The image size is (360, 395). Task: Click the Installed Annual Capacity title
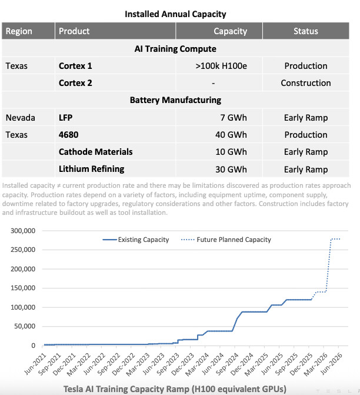click(x=175, y=14)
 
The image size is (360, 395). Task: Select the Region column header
click(x=19, y=31)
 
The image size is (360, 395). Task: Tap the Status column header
click(x=305, y=31)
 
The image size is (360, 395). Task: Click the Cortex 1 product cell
click(x=75, y=66)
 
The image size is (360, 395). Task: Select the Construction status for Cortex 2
click(x=305, y=83)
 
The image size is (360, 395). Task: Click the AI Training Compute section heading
click(x=175, y=49)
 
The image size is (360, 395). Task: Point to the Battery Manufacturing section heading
click(x=175, y=100)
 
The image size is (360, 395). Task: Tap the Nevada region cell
click(x=21, y=118)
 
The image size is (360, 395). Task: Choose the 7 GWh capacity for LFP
click(x=234, y=118)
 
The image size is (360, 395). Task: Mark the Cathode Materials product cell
click(x=96, y=152)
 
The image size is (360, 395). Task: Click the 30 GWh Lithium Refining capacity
click(x=231, y=169)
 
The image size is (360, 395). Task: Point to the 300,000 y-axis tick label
click(x=23, y=231)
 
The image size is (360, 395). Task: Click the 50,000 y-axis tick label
click(x=25, y=326)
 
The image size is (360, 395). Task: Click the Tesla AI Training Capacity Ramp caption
click(x=175, y=389)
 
